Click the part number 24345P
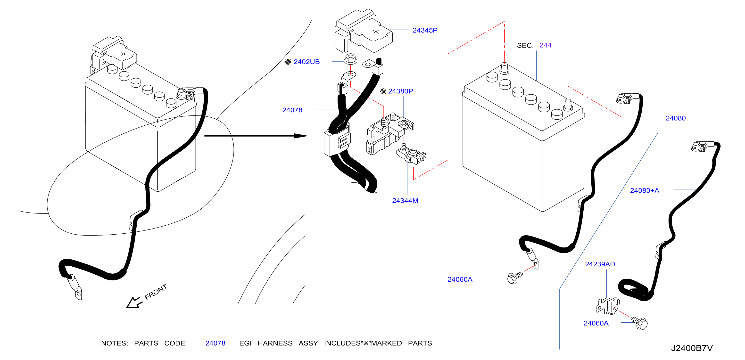(x=425, y=30)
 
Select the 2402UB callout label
(x=306, y=62)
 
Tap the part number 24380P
(x=401, y=91)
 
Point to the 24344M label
(x=405, y=200)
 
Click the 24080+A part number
(x=645, y=190)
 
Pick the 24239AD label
(x=600, y=264)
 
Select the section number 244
(x=546, y=45)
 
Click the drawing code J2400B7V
(x=692, y=348)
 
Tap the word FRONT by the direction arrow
(x=156, y=292)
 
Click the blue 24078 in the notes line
(x=215, y=343)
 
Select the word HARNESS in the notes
(x=275, y=343)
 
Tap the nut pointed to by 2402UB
(x=350, y=59)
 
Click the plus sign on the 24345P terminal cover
(x=376, y=32)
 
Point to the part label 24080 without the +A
(x=676, y=118)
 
